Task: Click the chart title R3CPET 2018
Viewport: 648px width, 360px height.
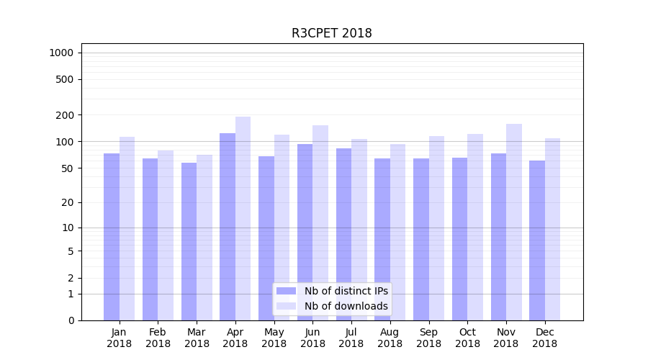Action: (x=331, y=33)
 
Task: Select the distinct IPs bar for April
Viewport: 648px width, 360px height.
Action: (x=228, y=227)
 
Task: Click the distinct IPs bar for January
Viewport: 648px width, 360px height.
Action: (x=112, y=237)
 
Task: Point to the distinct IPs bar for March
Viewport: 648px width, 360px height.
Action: (x=189, y=241)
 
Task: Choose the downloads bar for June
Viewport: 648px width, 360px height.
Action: (x=320, y=222)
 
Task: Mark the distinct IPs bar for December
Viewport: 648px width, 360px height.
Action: (x=537, y=240)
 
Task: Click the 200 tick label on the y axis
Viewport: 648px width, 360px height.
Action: (x=65, y=115)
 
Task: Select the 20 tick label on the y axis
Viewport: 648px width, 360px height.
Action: (x=67, y=202)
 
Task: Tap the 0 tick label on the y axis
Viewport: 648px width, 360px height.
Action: (x=71, y=320)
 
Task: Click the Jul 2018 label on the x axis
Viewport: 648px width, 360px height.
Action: (x=351, y=338)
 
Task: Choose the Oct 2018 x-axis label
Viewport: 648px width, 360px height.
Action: (x=467, y=338)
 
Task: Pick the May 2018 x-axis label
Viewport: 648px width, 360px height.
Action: (x=274, y=338)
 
